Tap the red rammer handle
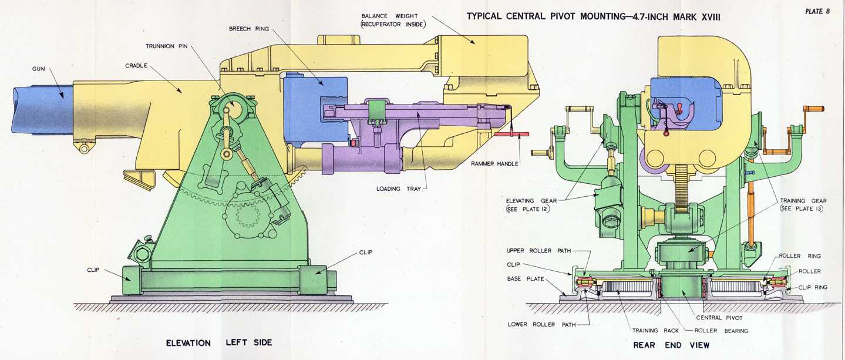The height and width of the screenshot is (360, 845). (x=511, y=134)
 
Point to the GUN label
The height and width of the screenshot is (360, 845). (x=39, y=69)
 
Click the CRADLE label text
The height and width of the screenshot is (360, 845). (x=136, y=65)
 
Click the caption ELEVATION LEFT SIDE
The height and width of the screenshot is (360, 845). (x=219, y=342)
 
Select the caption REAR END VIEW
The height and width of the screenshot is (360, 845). (x=671, y=345)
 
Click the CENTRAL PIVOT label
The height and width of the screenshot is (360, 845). (x=719, y=318)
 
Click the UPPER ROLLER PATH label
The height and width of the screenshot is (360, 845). (x=539, y=251)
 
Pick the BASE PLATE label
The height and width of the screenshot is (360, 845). (x=526, y=278)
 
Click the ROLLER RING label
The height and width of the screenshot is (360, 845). (x=800, y=256)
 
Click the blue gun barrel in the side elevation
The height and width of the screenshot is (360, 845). (x=41, y=108)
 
